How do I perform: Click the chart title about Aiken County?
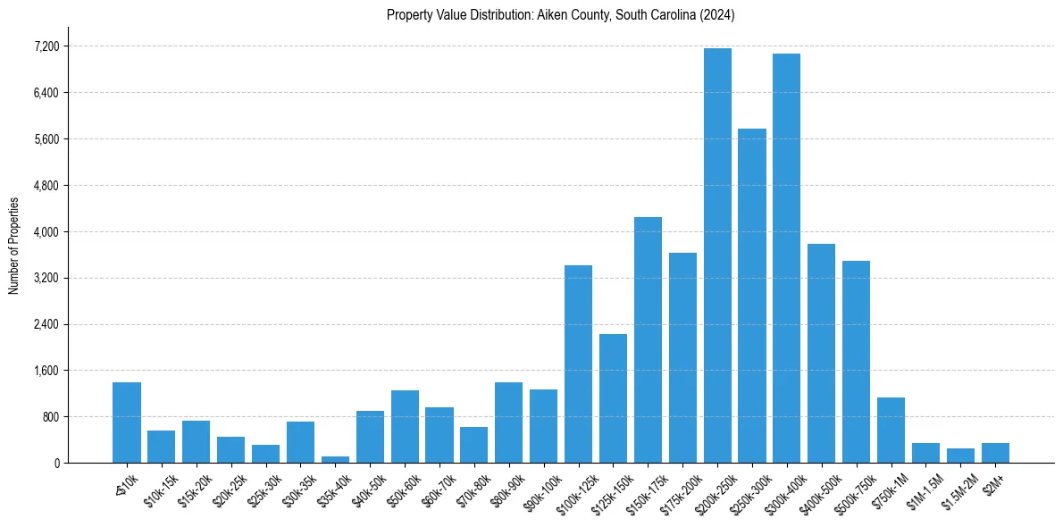click(560, 14)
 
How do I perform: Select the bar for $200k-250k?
click(717, 255)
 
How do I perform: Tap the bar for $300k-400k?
click(786, 258)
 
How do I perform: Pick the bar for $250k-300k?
click(752, 296)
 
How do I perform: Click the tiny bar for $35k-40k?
click(335, 459)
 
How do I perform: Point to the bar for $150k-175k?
click(648, 339)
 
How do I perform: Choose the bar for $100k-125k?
click(578, 364)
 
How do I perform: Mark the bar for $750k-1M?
click(891, 430)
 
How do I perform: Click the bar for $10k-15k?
click(162, 447)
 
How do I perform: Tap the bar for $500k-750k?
click(856, 362)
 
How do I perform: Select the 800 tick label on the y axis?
click(51, 417)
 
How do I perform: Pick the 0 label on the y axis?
click(56, 464)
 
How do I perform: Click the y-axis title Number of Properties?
click(13, 245)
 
